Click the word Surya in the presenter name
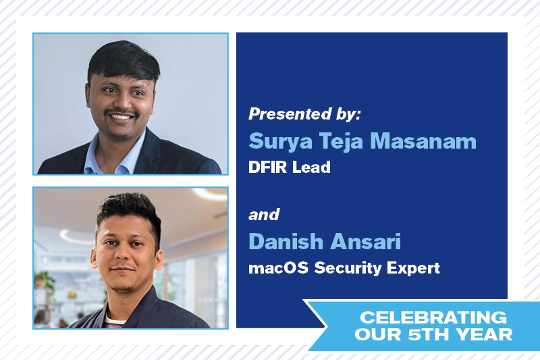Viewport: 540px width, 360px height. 281,142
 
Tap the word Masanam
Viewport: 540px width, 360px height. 423,141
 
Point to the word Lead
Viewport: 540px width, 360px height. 311,167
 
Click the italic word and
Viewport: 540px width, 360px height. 264,215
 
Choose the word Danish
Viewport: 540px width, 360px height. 286,242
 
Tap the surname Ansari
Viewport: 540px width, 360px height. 366,242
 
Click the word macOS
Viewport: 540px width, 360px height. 278,268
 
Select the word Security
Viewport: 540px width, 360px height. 348,268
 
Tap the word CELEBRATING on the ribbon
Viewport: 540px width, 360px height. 433,317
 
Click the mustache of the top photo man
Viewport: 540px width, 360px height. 122,112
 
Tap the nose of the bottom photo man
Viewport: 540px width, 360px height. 122,254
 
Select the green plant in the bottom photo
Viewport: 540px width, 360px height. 44,281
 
